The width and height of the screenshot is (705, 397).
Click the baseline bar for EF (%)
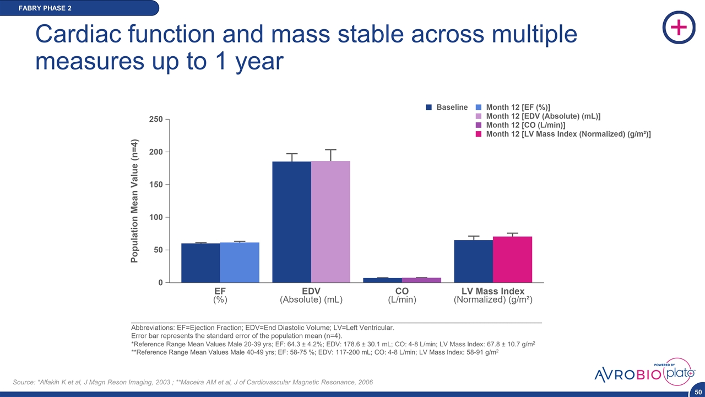(200, 263)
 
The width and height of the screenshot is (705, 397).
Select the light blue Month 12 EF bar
(240, 262)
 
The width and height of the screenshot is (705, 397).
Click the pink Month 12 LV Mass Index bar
(512, 260)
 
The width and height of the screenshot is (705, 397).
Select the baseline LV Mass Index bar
(474, 261)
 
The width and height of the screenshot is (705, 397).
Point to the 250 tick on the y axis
(157, 119)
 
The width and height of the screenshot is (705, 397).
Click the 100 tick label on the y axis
(157, 217)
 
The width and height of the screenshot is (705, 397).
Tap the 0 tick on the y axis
(160, 283)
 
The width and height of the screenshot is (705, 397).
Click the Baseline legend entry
(447, 108)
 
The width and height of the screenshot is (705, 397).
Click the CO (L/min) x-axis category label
(402, 296)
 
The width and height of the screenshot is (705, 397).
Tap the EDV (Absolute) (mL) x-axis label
(311, 296)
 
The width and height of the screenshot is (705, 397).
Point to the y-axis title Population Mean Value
(134, 201)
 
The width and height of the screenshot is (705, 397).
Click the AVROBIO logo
(628, 375)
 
